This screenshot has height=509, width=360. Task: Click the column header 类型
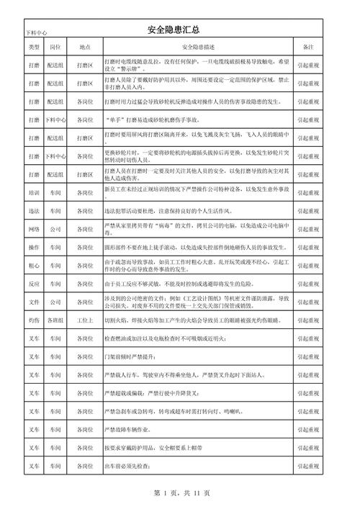[34, 47]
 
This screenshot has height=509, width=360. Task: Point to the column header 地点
[84, 47]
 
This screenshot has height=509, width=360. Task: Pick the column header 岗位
[55, 47]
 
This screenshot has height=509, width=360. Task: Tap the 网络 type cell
[34, 229]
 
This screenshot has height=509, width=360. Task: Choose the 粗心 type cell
[34, 266]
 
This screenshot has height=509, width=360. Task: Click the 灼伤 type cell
[34, 320]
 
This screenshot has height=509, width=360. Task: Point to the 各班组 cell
[55, 320]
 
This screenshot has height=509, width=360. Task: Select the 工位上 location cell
[84, 320]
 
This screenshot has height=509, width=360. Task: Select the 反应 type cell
[34, 284]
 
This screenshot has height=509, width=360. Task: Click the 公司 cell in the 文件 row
[55, 302]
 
